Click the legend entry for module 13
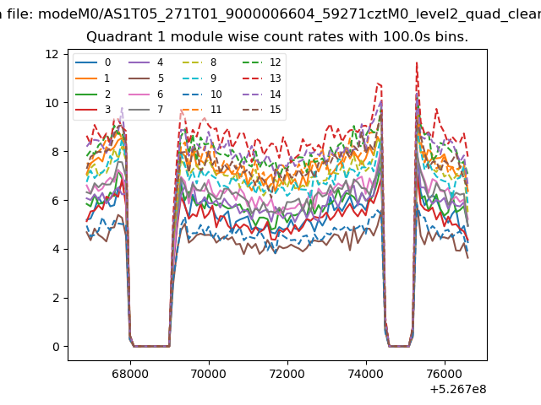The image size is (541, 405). pyautogui.click(x=265, y=78)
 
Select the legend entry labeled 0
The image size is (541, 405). pyautogui.click(x=93, y=62)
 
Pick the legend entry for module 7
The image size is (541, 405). pyautogui.click(x=145, y=110)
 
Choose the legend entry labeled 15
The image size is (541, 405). pyautogui.click(x=265, y=110)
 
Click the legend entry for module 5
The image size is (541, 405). pyautogui.click(x=145, y=78)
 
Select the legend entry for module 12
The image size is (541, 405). pyautogui.click(x=265, y=62)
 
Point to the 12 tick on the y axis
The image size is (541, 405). pyautogui.click(x=52, y=54)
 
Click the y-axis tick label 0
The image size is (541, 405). pyautogui.click(x=56, y=347)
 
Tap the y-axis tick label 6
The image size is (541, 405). pyautogui.click(x=56, y=201)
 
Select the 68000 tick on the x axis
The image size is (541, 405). pyautogui.click(x=130, y=374)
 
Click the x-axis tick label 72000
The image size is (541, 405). pyautogui.click(x=287, y=374)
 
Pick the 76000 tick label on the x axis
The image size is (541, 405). pyautogui.click(x=445, y=374)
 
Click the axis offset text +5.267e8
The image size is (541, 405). pyautogui.click(x=458, y=389)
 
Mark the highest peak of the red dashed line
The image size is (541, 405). pyautogui.click(x=417, y=62)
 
